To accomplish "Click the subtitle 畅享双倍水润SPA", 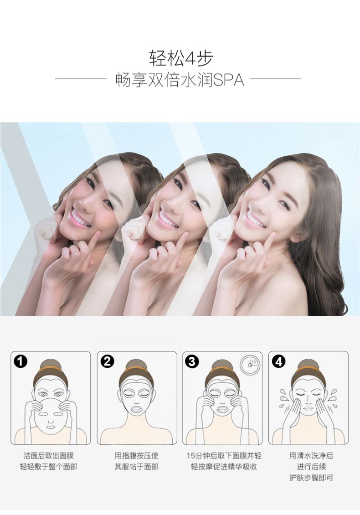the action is [180, 80].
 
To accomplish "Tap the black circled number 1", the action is [21, 361].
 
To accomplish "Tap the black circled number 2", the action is [107, 361].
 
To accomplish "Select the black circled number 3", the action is [192, 361].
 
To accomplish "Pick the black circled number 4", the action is [278, 361].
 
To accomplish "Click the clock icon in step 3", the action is [250, 364].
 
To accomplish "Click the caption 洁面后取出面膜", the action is [49, 456].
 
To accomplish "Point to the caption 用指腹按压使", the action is [136, 456].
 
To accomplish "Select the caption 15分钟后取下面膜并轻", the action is [224, 456].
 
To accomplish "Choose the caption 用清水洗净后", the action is [311, 456].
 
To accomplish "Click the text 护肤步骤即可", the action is [311, 478].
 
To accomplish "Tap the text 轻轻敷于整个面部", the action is [49, 467].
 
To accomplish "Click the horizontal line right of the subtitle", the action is [275, 79].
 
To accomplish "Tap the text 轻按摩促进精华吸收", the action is [224, 467].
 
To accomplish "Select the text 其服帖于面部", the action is [136, 467].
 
